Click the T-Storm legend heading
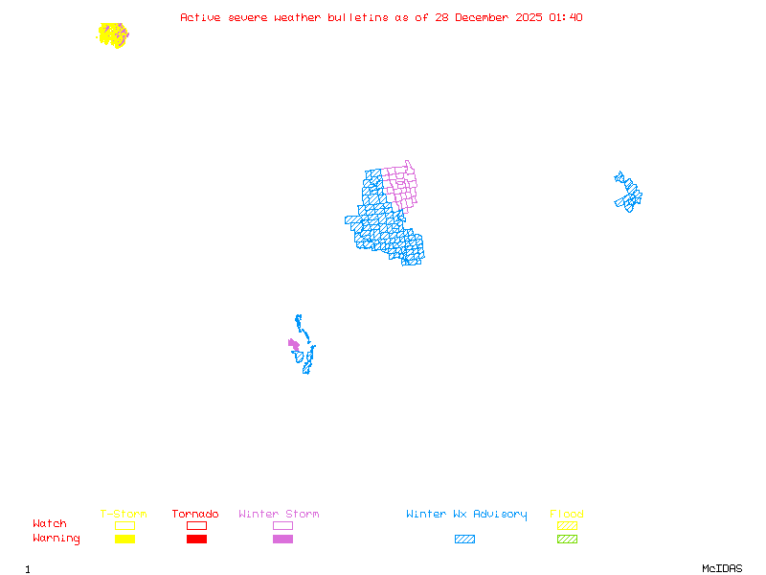click(124, 515)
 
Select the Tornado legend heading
click(195, 515)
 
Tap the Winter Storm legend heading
click(279, 515)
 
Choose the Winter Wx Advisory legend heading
click(466, 515)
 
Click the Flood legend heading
click(567, 515)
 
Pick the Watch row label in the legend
click(50, 524)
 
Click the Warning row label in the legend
click(56, 539)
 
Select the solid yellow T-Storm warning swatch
click(124, 540)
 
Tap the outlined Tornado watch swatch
click(196, 525)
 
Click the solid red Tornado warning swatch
click(196, 540)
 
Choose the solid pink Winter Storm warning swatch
click(282, 540)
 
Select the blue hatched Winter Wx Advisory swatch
click(464, 540)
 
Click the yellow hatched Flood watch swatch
click(567, 525)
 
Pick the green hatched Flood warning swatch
click(567, 540)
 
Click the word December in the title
click(484, 17)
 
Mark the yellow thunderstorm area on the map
click(111, 34)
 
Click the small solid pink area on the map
click(294, 344)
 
